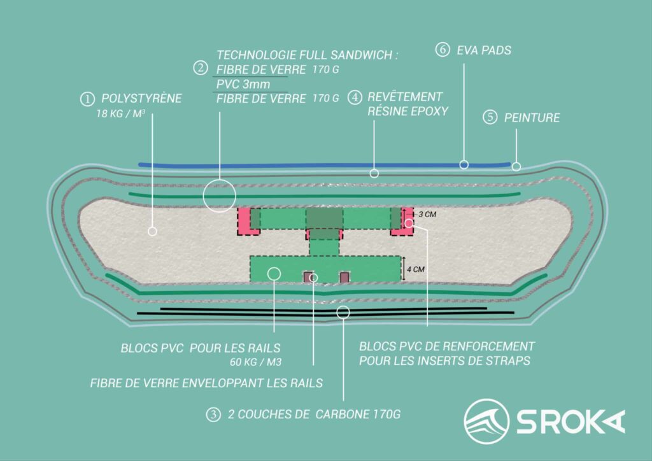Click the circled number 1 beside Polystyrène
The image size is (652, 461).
coord(85,99)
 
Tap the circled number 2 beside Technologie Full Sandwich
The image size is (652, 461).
coord(201,67)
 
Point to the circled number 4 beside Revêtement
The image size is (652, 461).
coord(355,97)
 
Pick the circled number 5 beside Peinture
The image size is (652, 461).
coord(490,117)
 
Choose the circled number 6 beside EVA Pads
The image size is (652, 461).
coord(443,49)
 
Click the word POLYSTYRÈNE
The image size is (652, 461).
coord(141,99)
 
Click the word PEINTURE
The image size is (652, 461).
coord(532,118)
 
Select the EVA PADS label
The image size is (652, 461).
coord(484,50)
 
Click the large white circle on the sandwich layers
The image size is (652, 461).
coord(219,195)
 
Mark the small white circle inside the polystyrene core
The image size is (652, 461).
coord(152,231)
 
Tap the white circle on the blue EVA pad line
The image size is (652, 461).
coord(464,164)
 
